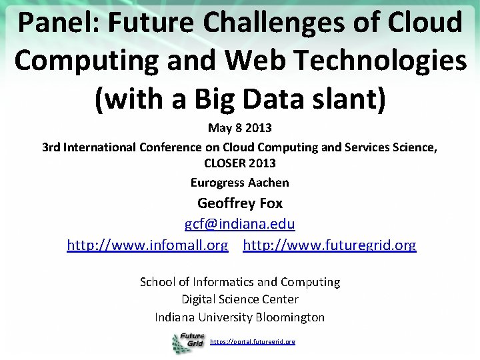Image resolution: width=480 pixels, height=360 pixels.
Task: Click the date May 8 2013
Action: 239,127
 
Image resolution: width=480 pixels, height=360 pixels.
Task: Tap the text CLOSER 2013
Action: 239,163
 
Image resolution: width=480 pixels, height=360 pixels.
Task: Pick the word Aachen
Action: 269,182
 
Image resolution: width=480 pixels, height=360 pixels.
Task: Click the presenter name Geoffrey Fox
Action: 239,203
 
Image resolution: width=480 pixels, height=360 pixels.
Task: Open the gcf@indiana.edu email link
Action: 239,225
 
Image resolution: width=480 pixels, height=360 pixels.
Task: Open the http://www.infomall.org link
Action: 147,245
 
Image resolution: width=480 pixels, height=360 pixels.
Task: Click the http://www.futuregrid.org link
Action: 329,245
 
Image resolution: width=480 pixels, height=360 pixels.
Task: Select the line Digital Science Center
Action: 239,299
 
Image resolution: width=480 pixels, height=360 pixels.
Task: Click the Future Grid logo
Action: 188,342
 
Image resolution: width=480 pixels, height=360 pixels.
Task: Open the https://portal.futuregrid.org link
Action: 253,341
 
